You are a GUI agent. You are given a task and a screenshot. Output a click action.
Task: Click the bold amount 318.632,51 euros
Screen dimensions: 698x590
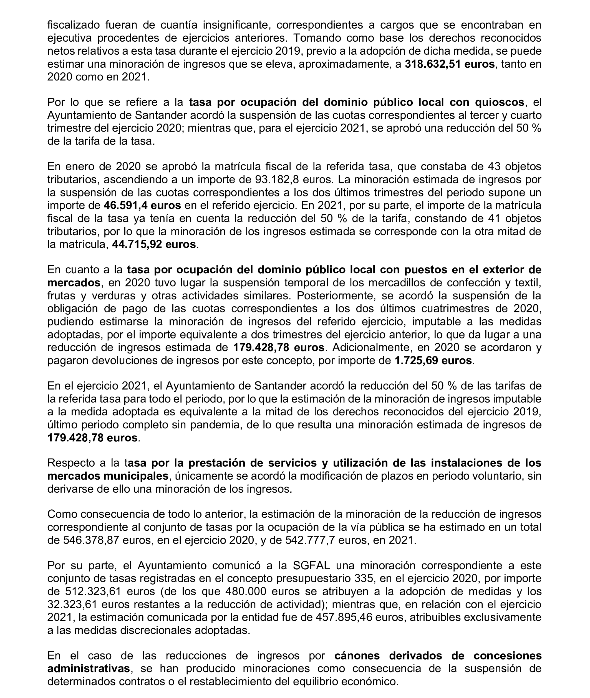point(450,64)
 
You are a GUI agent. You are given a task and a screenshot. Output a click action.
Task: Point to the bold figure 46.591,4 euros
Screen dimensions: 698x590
point(142,205)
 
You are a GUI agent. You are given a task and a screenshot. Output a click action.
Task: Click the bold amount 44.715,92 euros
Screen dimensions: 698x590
point(154,244)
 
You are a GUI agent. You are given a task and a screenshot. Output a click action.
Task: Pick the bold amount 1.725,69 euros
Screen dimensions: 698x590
point(433,360)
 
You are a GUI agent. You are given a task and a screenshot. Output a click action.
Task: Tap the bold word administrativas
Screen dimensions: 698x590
point(89,669)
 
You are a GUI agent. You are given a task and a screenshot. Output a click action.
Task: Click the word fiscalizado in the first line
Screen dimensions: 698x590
point(74,25)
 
